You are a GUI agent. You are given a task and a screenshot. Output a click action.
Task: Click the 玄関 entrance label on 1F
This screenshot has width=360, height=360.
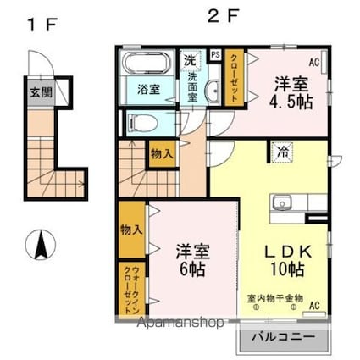(x=42, y=92)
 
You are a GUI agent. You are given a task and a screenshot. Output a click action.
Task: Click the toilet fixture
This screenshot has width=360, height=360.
(x=142, y=123)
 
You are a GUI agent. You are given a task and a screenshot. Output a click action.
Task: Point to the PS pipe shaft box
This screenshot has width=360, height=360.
(x=216, y=55)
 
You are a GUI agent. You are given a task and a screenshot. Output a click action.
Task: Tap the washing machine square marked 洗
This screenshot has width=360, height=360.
(x=190, y=60)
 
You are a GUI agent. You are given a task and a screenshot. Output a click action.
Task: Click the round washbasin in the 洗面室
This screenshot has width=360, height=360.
(x=213, y=91)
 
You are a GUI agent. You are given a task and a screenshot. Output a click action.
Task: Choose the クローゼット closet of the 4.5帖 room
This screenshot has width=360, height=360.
(x=234, y=78)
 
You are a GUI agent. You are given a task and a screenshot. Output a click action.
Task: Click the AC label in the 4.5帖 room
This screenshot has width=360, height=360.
(x=314, y=62)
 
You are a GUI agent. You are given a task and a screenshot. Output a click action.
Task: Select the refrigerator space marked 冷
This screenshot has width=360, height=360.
(x=283, y=152)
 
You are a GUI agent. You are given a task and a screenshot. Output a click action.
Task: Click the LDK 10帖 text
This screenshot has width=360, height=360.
(x=288, y=260)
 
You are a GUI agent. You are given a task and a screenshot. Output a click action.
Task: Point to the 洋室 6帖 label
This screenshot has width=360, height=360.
(x=193, y=260)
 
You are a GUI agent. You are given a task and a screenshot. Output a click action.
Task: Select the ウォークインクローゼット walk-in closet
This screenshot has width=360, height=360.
(x=131, y=290)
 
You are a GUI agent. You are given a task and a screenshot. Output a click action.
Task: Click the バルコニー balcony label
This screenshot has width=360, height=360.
(x=283, y=337)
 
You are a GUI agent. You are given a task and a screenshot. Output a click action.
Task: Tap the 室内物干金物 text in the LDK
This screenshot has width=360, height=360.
(x=275, y=298)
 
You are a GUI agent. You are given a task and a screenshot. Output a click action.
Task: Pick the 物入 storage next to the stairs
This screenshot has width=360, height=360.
(x=162, y=154)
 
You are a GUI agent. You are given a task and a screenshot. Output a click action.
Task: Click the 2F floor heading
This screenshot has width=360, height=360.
(x=224, y=16)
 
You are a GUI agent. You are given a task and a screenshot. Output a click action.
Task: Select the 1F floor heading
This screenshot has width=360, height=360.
(x=42, y=25)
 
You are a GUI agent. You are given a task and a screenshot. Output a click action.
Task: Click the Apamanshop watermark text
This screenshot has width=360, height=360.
(x=180, y=323)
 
